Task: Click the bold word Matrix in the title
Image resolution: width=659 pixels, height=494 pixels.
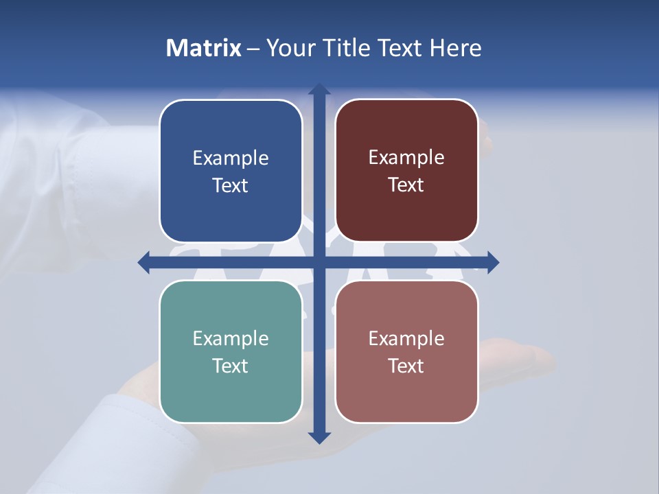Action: click(x=204, y=48)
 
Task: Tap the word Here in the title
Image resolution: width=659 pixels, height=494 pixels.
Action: click(x=455, y=48)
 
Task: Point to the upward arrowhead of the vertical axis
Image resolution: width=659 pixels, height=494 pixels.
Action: click(x=319, y=89)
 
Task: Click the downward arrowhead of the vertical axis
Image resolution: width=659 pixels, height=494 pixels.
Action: click(x=319, y=437)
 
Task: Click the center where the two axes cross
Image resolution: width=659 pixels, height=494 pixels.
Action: click(x=319, y=262)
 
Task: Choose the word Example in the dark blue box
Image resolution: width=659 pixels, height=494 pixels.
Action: click(x=231, y=158)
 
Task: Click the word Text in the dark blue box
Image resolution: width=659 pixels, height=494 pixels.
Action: click(x=231, y=186)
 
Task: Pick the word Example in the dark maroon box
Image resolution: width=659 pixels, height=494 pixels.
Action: click(x=406, y=158)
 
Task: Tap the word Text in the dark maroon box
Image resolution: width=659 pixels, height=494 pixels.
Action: click(x=406, y=185)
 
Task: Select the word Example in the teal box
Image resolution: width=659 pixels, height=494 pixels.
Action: click(x=231, y=339)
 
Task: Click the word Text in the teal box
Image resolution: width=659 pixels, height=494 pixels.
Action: click(x=231, y=366)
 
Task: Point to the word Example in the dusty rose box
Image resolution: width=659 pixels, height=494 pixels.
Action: click(x=406, y=339)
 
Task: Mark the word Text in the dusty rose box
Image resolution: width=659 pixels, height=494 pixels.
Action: click(x=406, y=366)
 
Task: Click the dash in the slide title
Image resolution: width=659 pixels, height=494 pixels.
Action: click(x=253, y=49)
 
